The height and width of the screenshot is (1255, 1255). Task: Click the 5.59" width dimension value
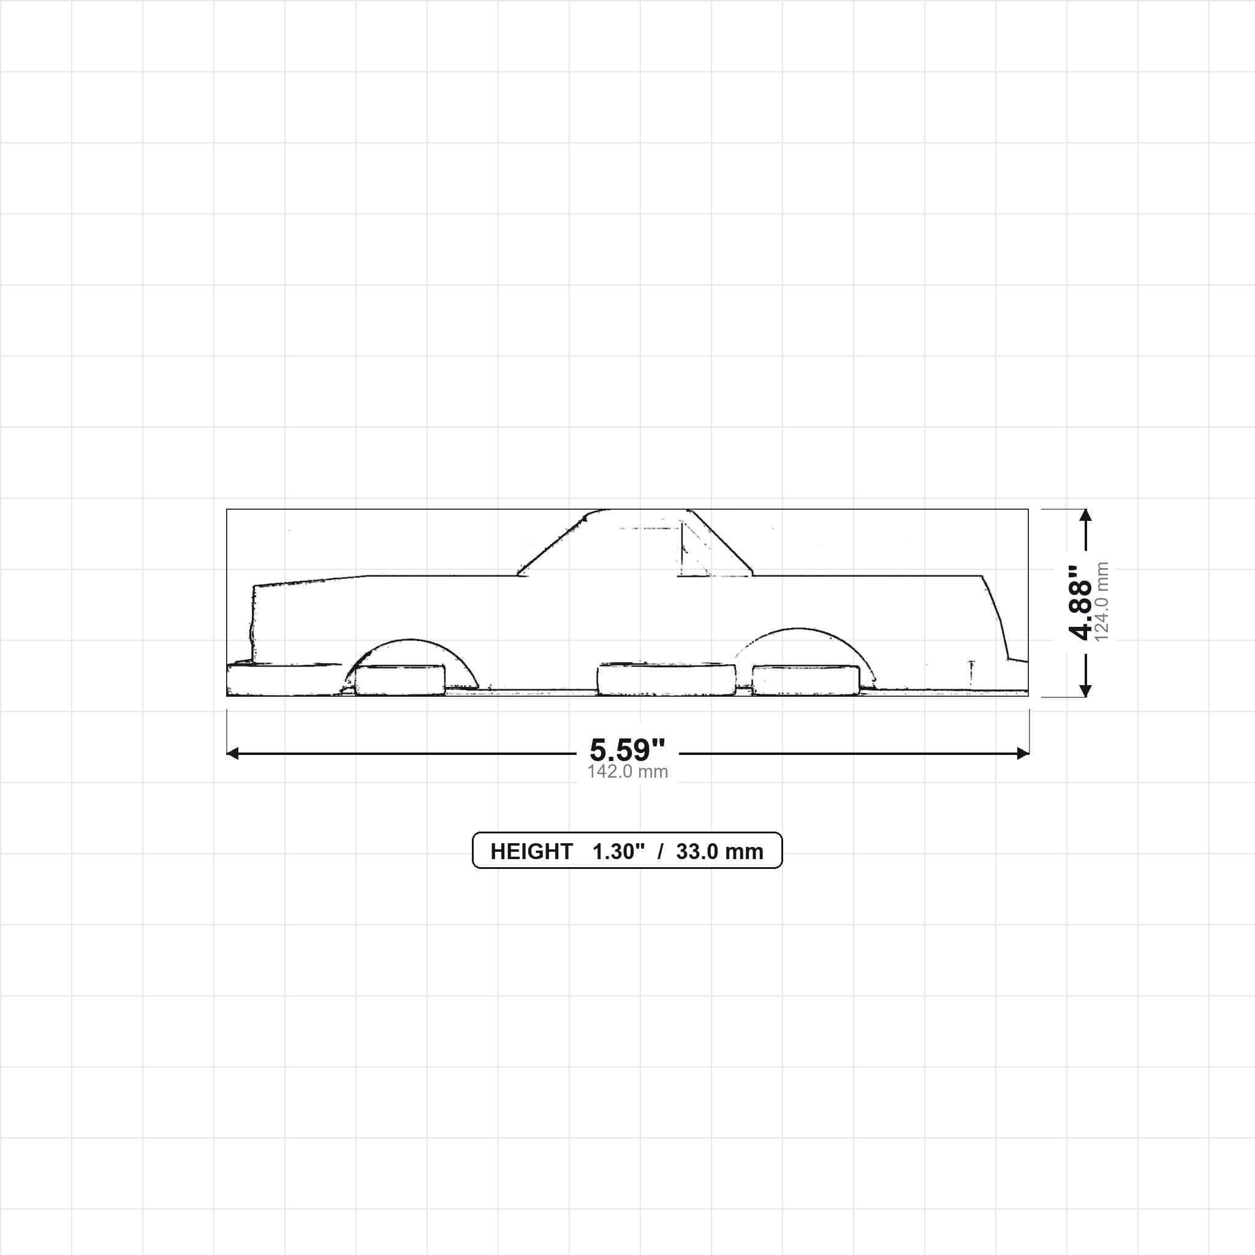point(627,749)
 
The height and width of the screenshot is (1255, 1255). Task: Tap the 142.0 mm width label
point(627,771)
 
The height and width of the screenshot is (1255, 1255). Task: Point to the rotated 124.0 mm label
point(1102,602)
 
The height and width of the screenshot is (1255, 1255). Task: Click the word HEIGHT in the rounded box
point(531,852)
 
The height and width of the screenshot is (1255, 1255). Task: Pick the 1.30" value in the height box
point(618,852)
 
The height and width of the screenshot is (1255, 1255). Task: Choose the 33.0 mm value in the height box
point(720,852)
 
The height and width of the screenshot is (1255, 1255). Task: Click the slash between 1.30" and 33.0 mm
point(661,852)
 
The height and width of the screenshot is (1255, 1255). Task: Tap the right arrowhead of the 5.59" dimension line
point(1023,754)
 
